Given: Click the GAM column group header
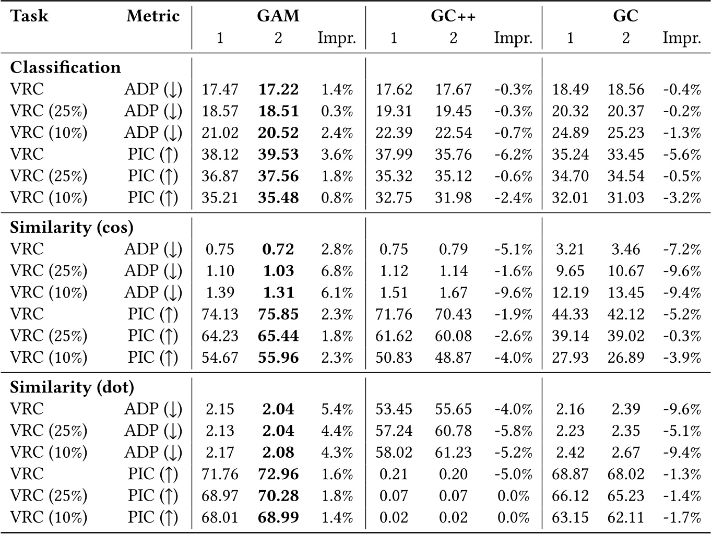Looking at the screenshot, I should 278,16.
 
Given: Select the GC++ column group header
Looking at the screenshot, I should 453,16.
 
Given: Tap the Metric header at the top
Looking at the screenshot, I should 153,16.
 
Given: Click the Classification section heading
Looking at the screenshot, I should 65,67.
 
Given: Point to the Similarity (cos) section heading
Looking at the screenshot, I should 72,227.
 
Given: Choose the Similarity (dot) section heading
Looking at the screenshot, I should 72,387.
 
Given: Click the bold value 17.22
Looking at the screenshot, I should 278,89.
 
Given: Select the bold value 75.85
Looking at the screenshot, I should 278,314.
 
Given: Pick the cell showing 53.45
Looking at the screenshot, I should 394,409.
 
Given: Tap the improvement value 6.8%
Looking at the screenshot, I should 337,271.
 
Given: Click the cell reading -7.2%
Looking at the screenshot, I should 682,249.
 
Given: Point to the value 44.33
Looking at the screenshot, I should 570,314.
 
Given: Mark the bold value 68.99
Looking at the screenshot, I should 278,518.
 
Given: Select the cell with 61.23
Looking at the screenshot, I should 453,453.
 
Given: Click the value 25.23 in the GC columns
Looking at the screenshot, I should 625,133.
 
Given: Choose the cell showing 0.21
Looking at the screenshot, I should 394,474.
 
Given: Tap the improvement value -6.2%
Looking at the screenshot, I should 513,155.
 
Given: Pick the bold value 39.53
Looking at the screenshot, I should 278,155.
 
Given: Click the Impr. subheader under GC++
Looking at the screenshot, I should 513,38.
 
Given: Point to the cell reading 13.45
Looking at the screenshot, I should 625,292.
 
